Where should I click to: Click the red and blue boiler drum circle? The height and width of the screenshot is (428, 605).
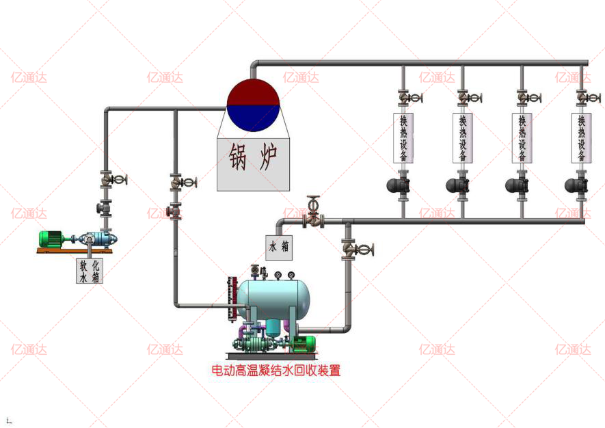coord(253,105)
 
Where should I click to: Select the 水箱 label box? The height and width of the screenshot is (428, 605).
coord(279,247)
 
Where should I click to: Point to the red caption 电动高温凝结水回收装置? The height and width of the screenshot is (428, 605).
coord(275,371)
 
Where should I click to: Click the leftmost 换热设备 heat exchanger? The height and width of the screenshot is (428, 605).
coord(403,137)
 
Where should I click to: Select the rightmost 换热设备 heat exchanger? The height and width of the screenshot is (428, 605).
coord(582,137)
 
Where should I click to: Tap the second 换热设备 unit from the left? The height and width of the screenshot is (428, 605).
coord(462,137)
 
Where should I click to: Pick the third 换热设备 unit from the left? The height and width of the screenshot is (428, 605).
coord(522,137)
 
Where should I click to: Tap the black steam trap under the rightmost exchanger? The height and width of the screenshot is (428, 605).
coord(576,185)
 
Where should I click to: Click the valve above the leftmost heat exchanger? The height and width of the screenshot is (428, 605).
coord(406,98)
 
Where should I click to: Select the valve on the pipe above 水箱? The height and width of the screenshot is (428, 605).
coord(314,217)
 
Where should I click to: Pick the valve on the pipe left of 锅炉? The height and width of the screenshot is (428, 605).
coord(179,183)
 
